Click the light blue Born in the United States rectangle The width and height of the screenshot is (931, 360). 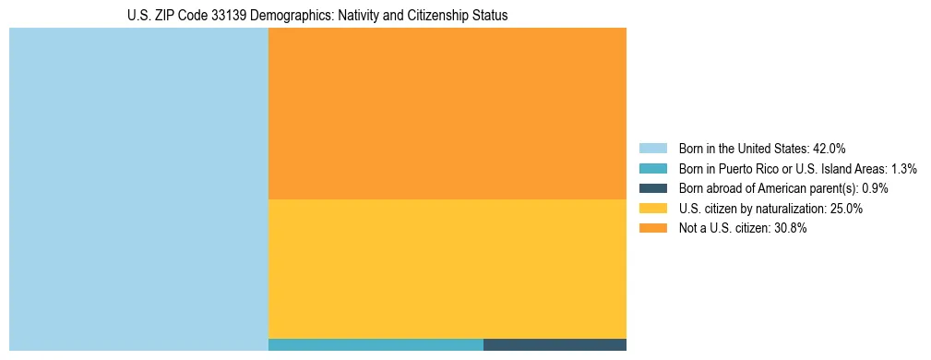coord(138,189)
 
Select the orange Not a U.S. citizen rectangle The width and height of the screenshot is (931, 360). coord(447,113)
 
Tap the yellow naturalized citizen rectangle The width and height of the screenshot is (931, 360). coord(447,269)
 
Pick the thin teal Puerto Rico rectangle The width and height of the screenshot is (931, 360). coord(376,345)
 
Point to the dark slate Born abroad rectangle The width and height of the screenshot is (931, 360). coord(555,345)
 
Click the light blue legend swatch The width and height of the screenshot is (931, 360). coord(652,148)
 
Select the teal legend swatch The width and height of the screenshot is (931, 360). coord(652,168)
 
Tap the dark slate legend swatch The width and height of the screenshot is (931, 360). coord(652,188)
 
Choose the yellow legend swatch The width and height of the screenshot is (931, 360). coord(652,209)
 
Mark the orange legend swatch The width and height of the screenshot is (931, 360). coord(652,229)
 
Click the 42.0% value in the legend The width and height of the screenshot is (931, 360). coord(829,148)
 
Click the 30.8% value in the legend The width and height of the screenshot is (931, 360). coord(790,229)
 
